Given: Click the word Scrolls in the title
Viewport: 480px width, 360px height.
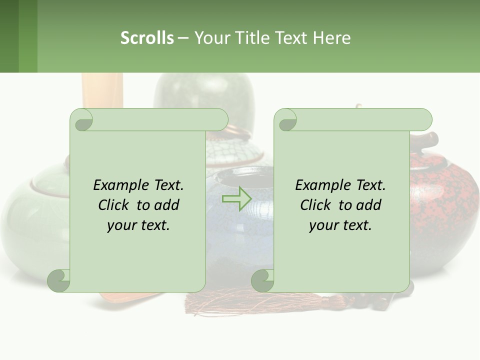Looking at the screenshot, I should pos(147,38).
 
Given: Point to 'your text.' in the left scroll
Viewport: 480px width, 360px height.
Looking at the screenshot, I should pos(138,225).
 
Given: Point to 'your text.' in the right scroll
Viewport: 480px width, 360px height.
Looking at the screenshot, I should pos(340,225).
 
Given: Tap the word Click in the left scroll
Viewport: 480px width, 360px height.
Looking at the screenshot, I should pos(115,205).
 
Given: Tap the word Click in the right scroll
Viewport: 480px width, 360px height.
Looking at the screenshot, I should pos(316,205).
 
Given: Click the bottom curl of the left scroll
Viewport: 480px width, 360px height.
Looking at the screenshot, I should pos(59,280).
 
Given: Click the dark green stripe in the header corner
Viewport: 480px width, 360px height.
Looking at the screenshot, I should pos(9,36).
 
